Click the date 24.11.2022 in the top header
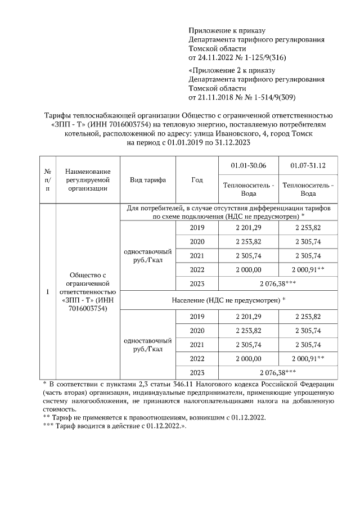coord(215,58)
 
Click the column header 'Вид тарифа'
coord(148,180)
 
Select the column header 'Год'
coord(197,180)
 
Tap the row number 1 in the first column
coord(48,292)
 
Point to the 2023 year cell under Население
coord(197,372)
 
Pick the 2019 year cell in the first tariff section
coord(197,228)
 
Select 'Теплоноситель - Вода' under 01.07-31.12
coord(308,189)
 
